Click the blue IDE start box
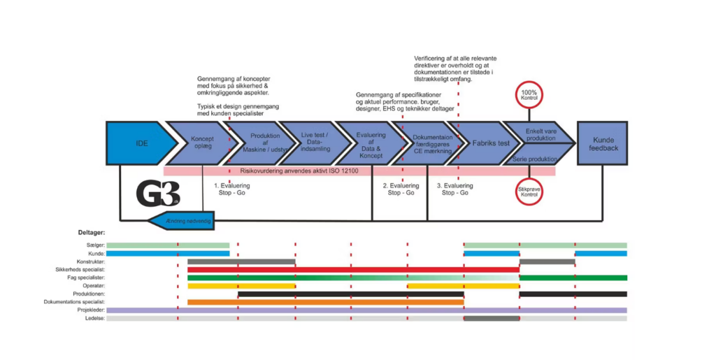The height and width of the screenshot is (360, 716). [140, 143]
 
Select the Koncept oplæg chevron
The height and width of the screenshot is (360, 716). [201, 143]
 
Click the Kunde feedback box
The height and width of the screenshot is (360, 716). [602, 143]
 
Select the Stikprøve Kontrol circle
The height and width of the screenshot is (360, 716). [530, 191]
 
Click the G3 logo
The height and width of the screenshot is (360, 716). [157, 194]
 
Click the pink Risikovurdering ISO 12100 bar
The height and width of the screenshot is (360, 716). [359, 170]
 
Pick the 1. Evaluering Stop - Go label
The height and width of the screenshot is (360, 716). [231, 189]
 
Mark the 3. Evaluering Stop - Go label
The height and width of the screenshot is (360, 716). [454, 189]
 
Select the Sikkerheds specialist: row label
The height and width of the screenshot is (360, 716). [80, 269]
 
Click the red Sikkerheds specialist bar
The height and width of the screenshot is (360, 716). [353, 269]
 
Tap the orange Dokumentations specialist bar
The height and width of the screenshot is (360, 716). [325, 302]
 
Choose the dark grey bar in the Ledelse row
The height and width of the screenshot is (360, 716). [492, 319]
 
